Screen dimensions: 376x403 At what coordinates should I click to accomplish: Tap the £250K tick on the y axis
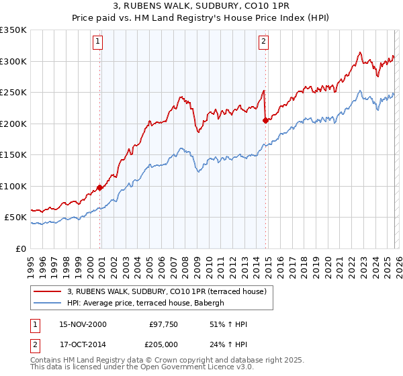tap(13, 93)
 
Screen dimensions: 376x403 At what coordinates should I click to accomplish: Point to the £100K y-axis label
tap(13, 187)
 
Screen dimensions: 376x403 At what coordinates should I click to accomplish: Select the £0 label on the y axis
tap(20, 249)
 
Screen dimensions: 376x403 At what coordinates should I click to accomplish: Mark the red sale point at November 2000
tap(100, 188)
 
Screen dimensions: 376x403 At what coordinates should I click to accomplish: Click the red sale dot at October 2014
tap(265, 120)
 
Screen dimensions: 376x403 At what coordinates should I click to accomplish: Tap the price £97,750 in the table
tap(164, 324)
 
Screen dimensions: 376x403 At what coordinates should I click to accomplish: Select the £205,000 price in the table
tap(164, 344)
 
